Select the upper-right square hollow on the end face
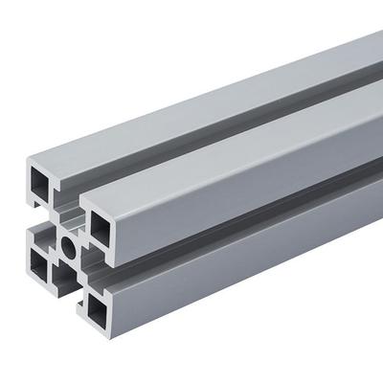pos(100,224)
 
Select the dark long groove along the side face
pos(249,215)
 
